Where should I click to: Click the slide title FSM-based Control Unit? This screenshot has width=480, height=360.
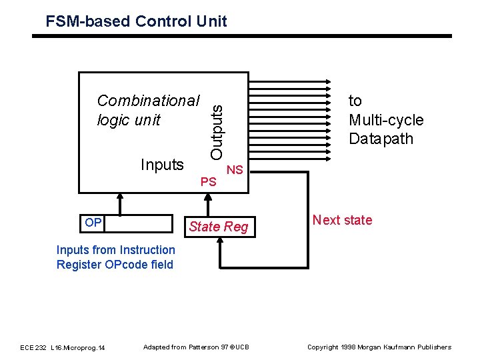(x=136, y=21)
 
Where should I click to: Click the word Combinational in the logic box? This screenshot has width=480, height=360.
(x=148, y=101)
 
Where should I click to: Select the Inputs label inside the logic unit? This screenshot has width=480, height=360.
(x=161, y=165)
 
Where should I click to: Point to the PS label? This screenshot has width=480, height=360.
(x=208, y=181)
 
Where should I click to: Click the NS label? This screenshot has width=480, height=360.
(x=234, y=170)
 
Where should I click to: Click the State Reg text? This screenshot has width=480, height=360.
(x=218, y=227)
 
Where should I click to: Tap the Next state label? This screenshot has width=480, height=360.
(x=342, y=220)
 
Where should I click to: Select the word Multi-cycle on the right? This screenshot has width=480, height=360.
(x=386, y=120)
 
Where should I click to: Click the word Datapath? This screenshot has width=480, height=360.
(x=381, y=139)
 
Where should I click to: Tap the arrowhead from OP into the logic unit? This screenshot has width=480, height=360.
(x=120, y=198)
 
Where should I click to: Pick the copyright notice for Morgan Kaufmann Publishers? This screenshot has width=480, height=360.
(x=379, y=347)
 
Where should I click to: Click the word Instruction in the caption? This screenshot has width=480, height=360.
(x=147, y=250)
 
